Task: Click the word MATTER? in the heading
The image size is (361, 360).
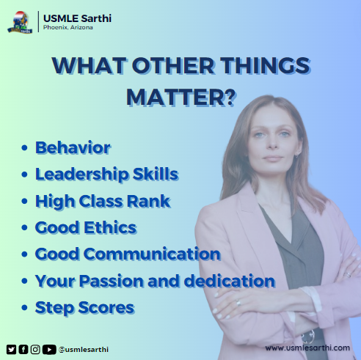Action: tap(180, 96)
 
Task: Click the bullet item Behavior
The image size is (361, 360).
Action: tap(73, 147)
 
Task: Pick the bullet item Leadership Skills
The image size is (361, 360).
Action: tap(106, 175)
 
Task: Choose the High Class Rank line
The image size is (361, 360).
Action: tap(103, 201)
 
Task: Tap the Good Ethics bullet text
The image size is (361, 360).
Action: tap(86, 227)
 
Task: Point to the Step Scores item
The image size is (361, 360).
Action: tap(84, 307)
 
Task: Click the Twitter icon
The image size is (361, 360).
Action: tap(11, 349)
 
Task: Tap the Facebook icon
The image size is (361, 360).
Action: tap(23, 349)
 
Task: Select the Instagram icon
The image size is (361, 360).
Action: tap(35, 349)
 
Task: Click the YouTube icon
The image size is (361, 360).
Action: tap(48, 349)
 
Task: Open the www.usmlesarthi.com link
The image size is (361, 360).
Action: tap(307, 348)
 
